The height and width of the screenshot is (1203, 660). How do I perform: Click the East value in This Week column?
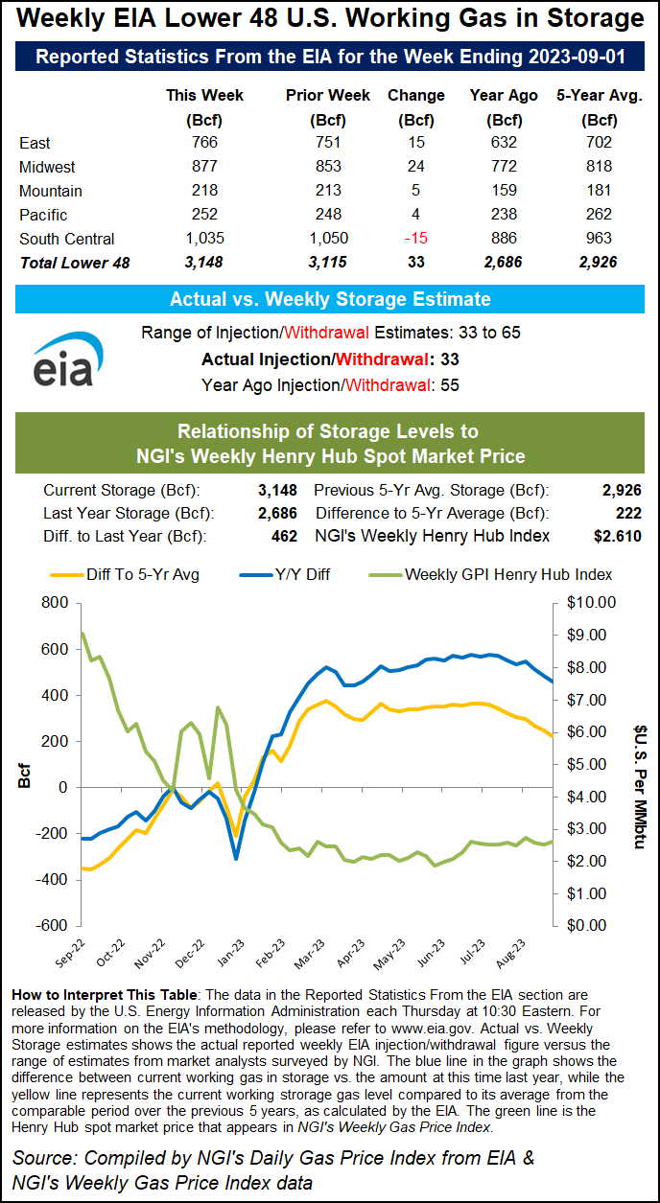[x=204, y=143]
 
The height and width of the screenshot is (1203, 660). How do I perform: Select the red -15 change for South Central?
[x=415, y=239]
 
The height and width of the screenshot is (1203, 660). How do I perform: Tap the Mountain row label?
[x=51, y=191]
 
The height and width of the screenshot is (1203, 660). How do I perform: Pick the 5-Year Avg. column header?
[x=600, y=95]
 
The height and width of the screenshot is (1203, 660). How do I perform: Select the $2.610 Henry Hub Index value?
[x=618, y=536]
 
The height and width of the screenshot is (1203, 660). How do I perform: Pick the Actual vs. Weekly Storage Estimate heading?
[x=330, y=299]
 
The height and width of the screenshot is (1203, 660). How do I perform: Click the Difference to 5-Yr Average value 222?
[x=627, y=513]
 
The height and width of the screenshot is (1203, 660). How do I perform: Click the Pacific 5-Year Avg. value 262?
[x=600, y=215]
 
